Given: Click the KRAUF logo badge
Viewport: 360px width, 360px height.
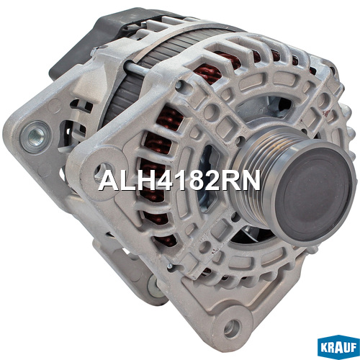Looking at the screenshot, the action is coord(338,348).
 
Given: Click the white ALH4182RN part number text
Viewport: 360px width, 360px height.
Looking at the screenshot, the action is coord(179,180).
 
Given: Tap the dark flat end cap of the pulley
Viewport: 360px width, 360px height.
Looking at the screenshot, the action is coord(315,195).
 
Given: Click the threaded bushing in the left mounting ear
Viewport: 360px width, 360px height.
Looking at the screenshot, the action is coord(35,138).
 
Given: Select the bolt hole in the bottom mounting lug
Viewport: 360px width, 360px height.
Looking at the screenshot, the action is coord(232,328).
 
